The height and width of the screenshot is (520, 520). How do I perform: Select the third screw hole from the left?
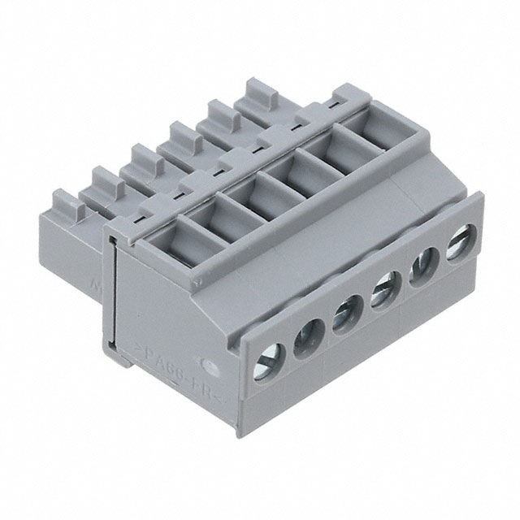[344, 314]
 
